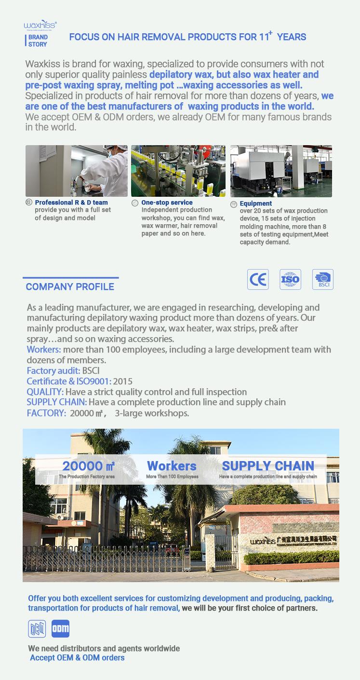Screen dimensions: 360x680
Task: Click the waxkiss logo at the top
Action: point(40,25)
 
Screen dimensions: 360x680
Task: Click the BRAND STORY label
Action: point(38,41)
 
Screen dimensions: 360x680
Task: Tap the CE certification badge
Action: point(258,280)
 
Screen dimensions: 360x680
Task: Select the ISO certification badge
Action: point(290,280)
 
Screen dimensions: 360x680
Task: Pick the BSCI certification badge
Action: point(322,280)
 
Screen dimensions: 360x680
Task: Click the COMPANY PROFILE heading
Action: point(70,287)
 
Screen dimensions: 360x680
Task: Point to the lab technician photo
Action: point(77,171)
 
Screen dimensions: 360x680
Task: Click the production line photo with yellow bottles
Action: point(178,171)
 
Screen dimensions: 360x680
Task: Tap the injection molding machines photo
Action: point(281,171)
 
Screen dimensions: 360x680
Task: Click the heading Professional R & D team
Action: point(71,203)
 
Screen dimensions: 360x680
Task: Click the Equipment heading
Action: point(255,204)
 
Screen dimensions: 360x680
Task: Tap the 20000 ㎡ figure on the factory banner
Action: point(88,466)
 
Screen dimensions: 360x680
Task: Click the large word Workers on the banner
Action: point(172,466)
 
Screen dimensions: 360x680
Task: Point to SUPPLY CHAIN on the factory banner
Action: point(268,466)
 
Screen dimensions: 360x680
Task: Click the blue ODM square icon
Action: point(60,628)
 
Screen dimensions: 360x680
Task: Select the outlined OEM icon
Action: point(37,628)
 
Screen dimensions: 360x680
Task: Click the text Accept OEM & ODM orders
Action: point(77,658)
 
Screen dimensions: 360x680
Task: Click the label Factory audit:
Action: point(53,371)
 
